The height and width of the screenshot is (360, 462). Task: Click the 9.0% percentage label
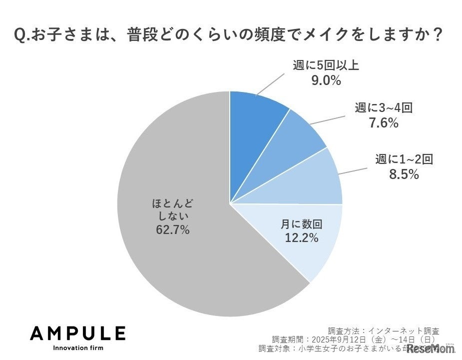[326, 80]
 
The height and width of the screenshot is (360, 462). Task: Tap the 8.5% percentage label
[404, 174]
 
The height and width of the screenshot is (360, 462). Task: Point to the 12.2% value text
[301, 238]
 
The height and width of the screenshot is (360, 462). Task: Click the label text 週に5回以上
[326, 65]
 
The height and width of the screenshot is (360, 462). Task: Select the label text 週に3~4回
[384, 107]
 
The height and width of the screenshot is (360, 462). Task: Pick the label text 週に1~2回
[404, 160]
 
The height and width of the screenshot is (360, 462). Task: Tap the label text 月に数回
[301, 224]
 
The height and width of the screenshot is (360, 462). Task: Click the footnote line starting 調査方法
[384, 330]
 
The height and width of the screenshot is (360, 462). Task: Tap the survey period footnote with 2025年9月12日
[356, 339]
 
